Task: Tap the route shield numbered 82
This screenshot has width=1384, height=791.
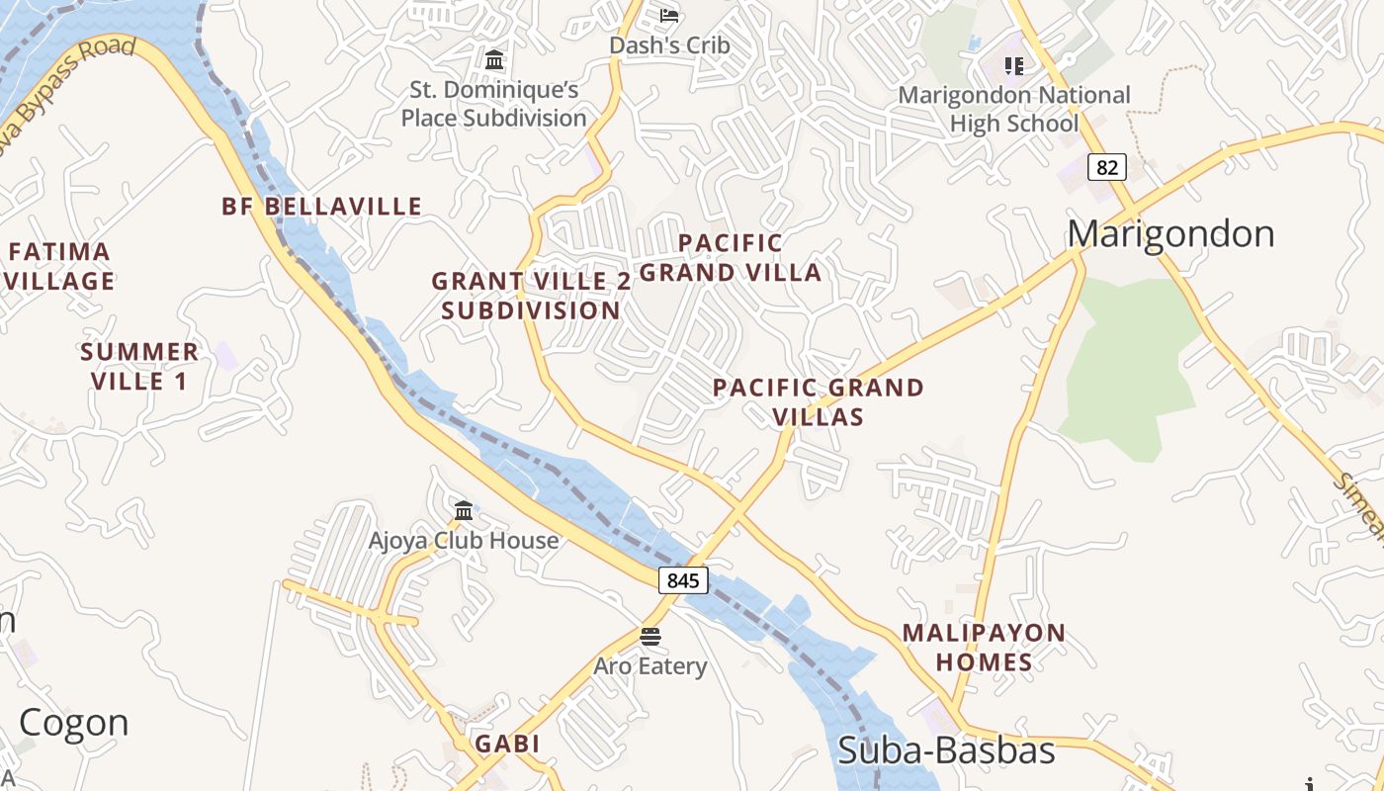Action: coord(1106,167)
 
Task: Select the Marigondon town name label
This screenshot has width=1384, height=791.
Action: coord(1170,234)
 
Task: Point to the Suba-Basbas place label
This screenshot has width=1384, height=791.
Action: coord(946,750)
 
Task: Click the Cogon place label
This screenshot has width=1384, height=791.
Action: coord(74,723)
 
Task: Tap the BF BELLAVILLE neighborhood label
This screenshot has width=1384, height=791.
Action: coord(321,207)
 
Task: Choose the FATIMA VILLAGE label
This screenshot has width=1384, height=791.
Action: coord(59,267)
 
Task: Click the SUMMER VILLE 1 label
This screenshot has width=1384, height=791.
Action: coord(139,366)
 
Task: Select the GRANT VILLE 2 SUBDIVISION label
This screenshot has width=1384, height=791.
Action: coord(531,296)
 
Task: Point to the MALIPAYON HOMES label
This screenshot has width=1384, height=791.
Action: coord(984,648)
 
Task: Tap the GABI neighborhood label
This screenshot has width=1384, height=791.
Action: coord(507,744)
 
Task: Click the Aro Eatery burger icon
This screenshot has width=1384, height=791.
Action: coord(649,635)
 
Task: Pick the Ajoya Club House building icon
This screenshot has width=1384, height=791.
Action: coord(464,510)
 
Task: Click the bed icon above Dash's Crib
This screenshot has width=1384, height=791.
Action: coord(669,15)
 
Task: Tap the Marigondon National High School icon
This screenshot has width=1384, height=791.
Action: coord(1013,66)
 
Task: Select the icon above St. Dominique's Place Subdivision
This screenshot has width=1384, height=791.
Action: coord(494,59)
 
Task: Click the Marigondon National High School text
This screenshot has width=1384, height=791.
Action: coord(1013,110)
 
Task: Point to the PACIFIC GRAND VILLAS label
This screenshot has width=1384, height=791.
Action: coord(818,401)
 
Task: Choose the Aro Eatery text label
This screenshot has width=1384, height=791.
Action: coord(649,666)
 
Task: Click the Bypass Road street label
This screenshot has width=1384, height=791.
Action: coord(69,84)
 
